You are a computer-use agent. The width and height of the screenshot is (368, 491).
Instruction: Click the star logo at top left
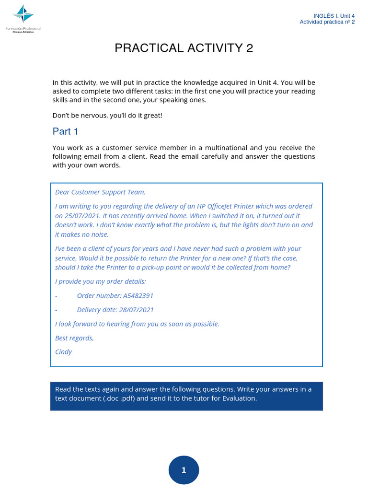click(23, 14)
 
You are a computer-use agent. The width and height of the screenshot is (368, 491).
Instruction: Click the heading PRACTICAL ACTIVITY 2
click(184, 48)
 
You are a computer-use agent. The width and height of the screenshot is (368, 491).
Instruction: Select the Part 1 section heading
click(66, 131)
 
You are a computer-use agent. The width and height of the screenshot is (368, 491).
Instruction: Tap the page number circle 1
click(184, 470)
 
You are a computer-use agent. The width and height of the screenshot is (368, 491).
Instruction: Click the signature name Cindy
click(63, 352)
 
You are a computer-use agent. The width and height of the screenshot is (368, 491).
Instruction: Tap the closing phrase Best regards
click(74, 338)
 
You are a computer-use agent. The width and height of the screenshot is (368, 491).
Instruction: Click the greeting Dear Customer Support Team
click(100, 192)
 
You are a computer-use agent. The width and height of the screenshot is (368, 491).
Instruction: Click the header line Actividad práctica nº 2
click(327, 22)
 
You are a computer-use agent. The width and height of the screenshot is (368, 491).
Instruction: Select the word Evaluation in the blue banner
click(239, 398)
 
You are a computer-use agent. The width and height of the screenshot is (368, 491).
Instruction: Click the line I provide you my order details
click(101, 281)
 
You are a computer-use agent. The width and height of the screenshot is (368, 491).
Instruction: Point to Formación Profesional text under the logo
click(23, 29)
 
